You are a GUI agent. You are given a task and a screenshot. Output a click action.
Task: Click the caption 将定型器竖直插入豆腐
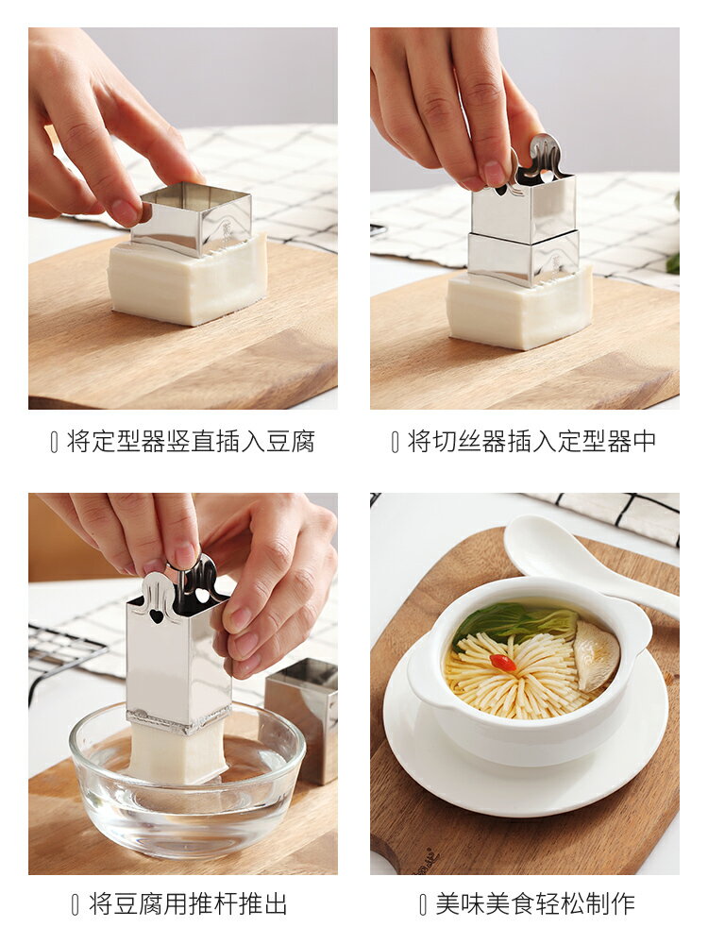pos(190,441)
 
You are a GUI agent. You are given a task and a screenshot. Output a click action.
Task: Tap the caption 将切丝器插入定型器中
pos(531,441)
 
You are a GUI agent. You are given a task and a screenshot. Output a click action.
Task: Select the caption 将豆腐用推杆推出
pos(188,903)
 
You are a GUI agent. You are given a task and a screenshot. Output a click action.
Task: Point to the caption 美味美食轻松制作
pos(534,903)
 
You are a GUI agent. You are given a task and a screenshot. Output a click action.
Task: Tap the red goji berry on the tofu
pos(503,663)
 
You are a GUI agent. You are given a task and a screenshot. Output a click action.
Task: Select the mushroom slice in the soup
pos(597,655)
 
